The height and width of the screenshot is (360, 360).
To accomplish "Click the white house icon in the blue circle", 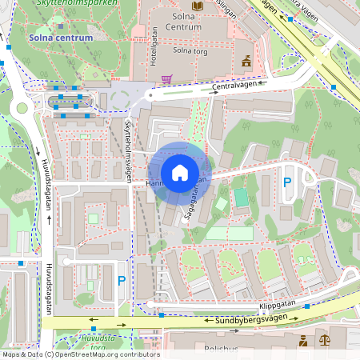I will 180,173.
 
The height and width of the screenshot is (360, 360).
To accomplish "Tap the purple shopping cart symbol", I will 166,79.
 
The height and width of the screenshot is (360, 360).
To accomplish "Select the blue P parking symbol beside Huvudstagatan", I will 122,280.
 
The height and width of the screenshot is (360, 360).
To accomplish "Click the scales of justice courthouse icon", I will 324,341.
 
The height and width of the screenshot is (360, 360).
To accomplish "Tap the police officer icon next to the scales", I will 303,341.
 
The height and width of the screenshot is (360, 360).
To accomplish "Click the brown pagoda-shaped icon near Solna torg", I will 246,61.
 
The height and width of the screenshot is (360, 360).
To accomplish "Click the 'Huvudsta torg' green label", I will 98,342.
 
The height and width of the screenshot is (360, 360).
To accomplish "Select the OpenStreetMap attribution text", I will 80,354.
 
